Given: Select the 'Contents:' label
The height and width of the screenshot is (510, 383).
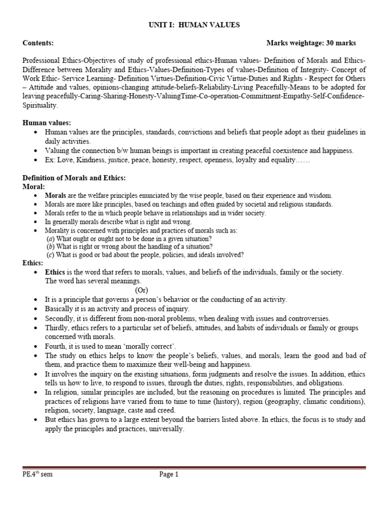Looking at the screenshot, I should [x=38, y=43].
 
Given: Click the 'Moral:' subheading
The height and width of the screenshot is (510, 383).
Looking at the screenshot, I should [x=34, y=186].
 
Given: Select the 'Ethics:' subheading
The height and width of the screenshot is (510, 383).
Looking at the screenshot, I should [x=33, y=263].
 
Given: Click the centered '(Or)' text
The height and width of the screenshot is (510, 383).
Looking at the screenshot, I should [x=142, y=290].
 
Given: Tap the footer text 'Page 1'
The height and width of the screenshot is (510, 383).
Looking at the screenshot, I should [x=169, y=475].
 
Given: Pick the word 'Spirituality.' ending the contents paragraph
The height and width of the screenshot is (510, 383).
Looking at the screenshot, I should [x=40, y=106].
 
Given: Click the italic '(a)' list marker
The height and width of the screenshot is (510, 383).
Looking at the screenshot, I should [x=50, y=239].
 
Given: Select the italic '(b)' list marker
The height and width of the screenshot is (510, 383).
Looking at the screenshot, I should [x=50, y=247].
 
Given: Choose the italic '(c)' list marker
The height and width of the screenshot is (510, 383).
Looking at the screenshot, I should [x=50, y=255].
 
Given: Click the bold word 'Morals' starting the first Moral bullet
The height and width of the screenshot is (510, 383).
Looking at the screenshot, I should [x=55, y=196].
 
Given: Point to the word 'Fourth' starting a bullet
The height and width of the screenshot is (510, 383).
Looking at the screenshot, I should [x=55, y=346].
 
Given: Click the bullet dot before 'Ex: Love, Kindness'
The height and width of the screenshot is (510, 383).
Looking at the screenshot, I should [x=35, y=160].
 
